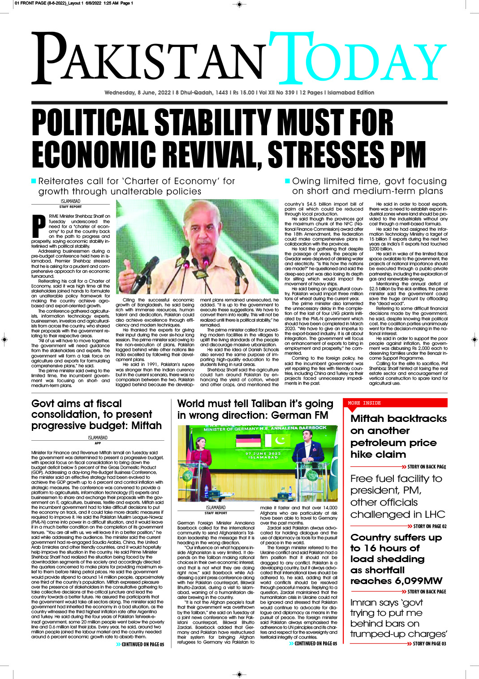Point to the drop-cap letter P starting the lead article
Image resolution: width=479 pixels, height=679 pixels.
pos(39,226)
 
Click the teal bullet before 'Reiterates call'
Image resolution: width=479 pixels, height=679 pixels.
pos(34,181)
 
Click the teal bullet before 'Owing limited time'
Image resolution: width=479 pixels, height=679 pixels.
pos(287,181)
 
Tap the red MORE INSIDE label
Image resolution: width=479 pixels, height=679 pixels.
pos(364,403)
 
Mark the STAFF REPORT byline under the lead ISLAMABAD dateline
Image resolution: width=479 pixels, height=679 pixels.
pos(70,207)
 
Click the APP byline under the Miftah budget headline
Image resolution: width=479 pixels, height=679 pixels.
pos(98,443)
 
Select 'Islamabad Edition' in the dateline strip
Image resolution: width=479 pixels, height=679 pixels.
pos(351,93)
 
